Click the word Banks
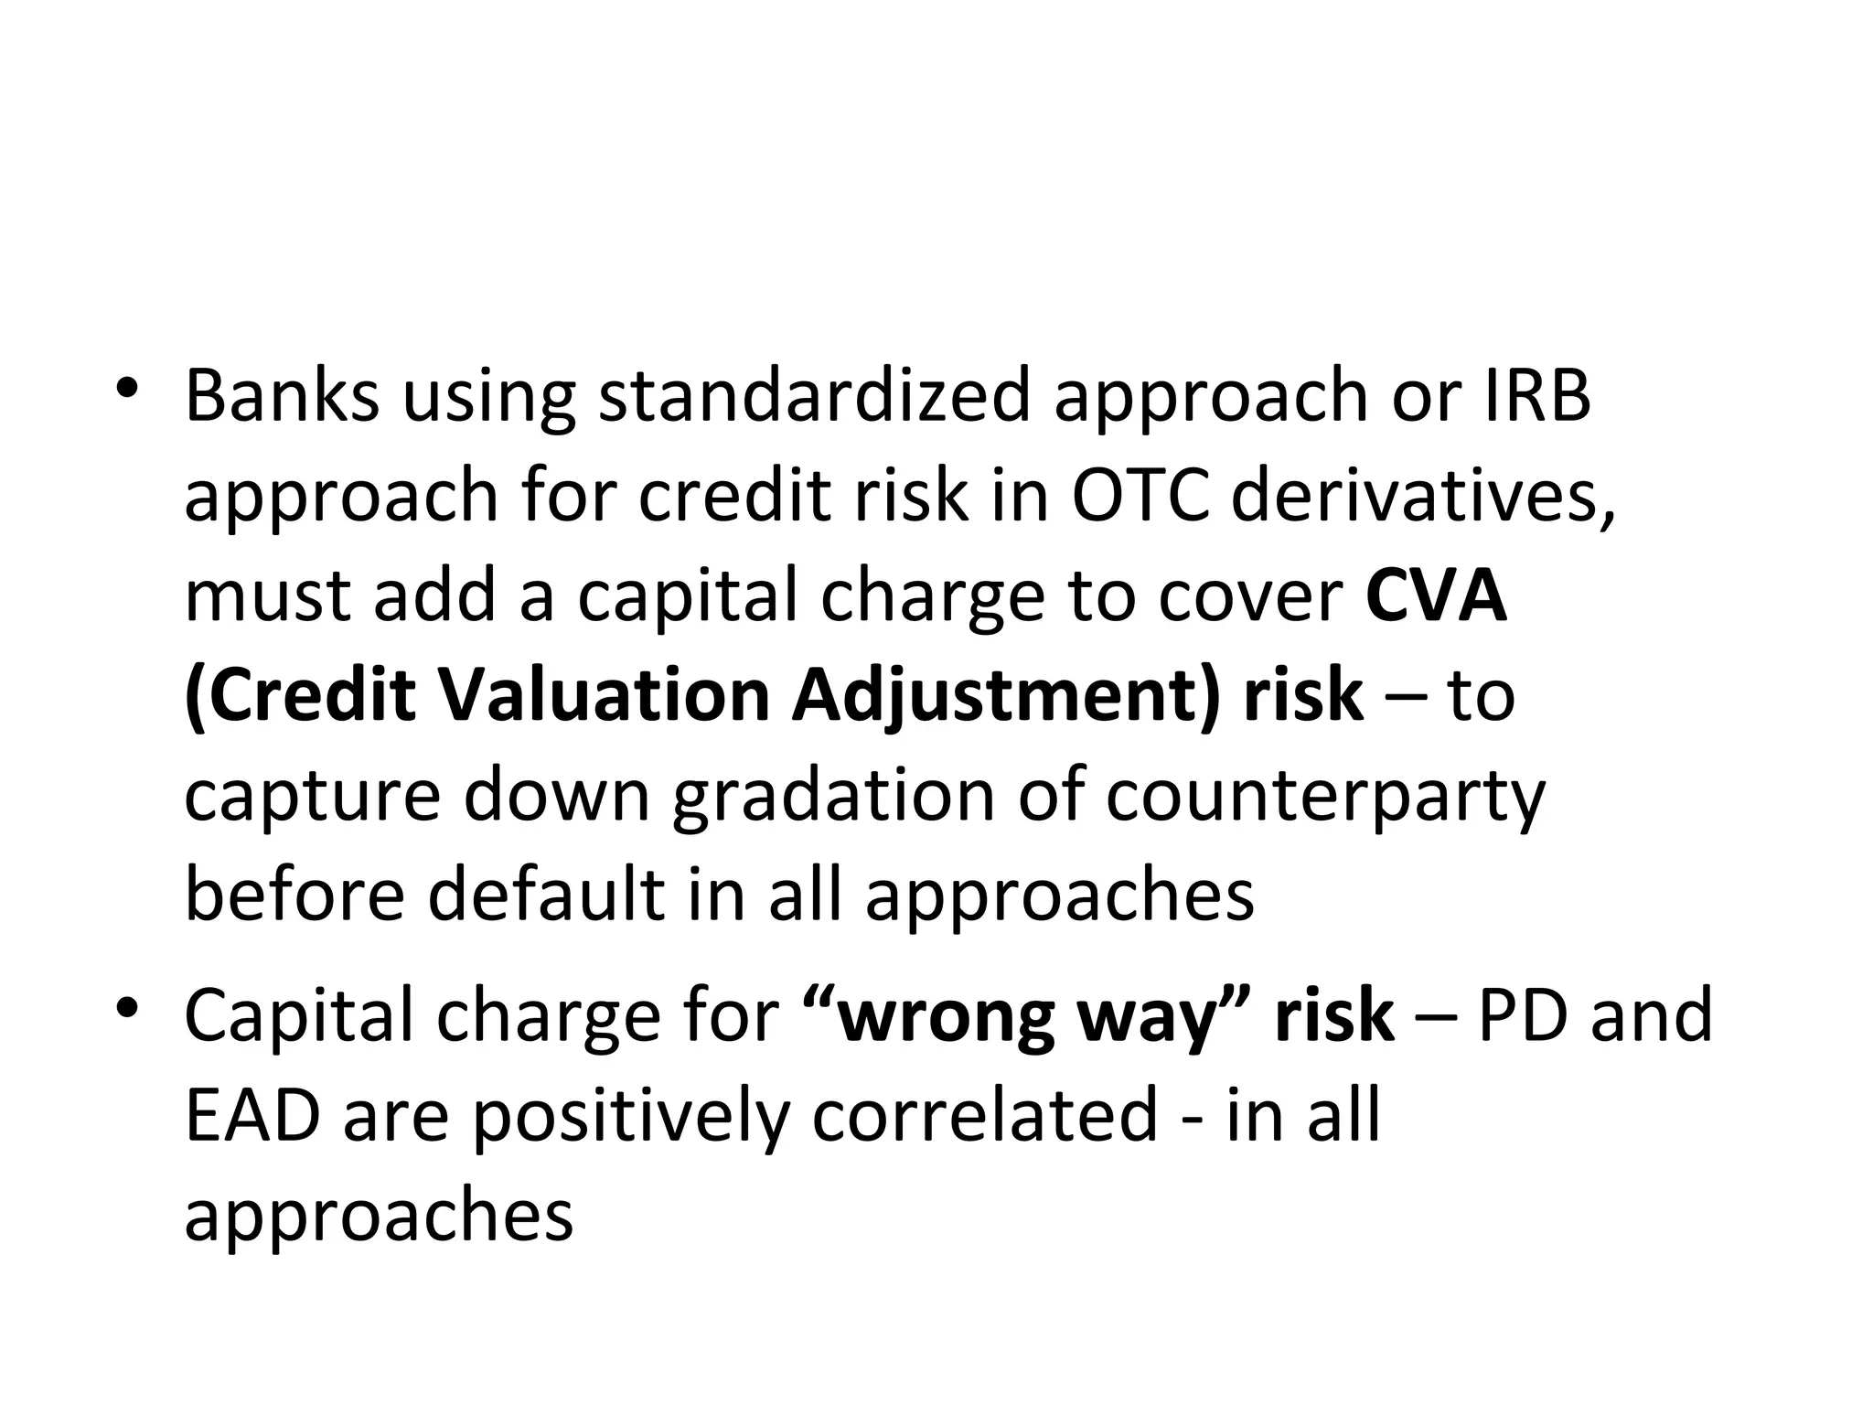(x=282, y=395)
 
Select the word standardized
(x=813, y=395)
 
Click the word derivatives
(x=1423, y=496)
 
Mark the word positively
(x=630, y=1116)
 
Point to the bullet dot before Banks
(x=127, y=389)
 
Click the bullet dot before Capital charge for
(x=127, y=1009)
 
